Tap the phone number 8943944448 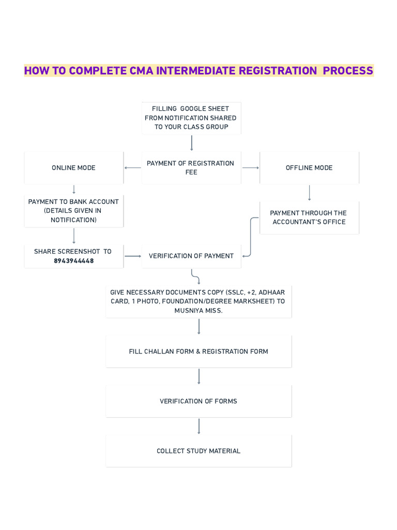[x=74, y=261]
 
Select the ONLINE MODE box [x=73, y=168]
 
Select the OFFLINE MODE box [x=309, y=168]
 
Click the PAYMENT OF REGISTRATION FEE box [x=191, y=168]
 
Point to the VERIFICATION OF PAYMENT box [x=191, y=256]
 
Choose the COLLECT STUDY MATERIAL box [x=198, y=451]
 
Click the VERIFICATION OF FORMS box [x=198, y=401]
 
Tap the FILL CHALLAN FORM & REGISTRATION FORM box [x=198, y=351]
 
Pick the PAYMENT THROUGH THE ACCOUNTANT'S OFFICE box [x=309, y=217]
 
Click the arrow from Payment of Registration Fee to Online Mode [x=133, y=168]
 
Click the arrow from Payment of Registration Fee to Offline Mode [x=251, y=168]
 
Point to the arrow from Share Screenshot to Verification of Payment [x=133, y=256]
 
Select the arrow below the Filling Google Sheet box [x=192, y=143]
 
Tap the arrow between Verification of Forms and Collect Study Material [x=198, y=426]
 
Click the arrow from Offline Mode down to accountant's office [x=309, y=193]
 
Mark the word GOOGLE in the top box [x=193, y=109]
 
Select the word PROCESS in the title [x=348, y=71]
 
